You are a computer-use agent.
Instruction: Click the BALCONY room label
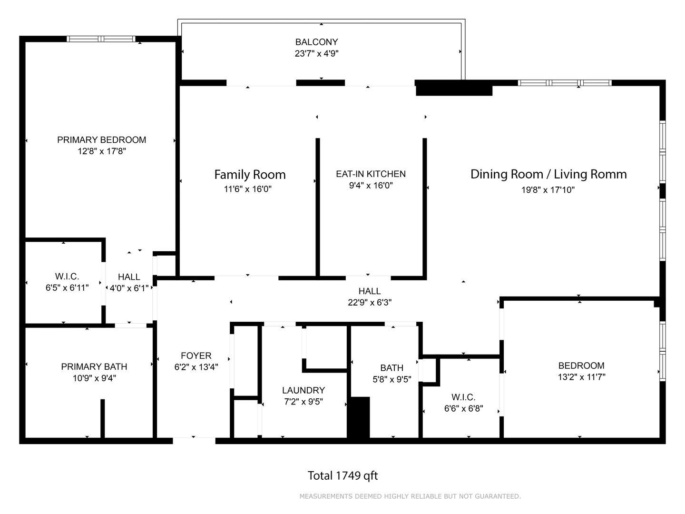coord(316,42)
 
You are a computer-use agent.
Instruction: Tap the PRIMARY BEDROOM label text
coord(101,140)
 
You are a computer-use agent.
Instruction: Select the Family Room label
coord(250,175)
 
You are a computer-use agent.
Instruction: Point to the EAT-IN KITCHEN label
coord(371,174)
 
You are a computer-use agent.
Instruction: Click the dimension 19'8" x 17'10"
coord(548,190)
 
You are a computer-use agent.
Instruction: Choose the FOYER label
coord(196,356)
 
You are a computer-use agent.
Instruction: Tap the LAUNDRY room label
coord(303,390)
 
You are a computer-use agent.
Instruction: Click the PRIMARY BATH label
coord(94,366)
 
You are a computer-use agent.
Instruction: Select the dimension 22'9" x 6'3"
coord(370,302)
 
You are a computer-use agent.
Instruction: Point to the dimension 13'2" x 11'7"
coord(581,377)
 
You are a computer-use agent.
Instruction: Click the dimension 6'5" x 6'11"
coord(67,288)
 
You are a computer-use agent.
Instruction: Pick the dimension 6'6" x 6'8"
coord(463,408)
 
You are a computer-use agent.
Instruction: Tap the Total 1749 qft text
coord(342,475)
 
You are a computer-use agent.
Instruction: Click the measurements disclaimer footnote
coord(410,496)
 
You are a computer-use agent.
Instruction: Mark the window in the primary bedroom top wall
coord(101,39)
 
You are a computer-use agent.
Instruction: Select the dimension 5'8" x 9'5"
coord(391,379)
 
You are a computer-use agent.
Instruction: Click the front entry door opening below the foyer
coord(194,441)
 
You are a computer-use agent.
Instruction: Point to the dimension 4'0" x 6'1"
coord(129,288)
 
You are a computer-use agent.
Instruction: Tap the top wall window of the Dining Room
coord(565,83)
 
